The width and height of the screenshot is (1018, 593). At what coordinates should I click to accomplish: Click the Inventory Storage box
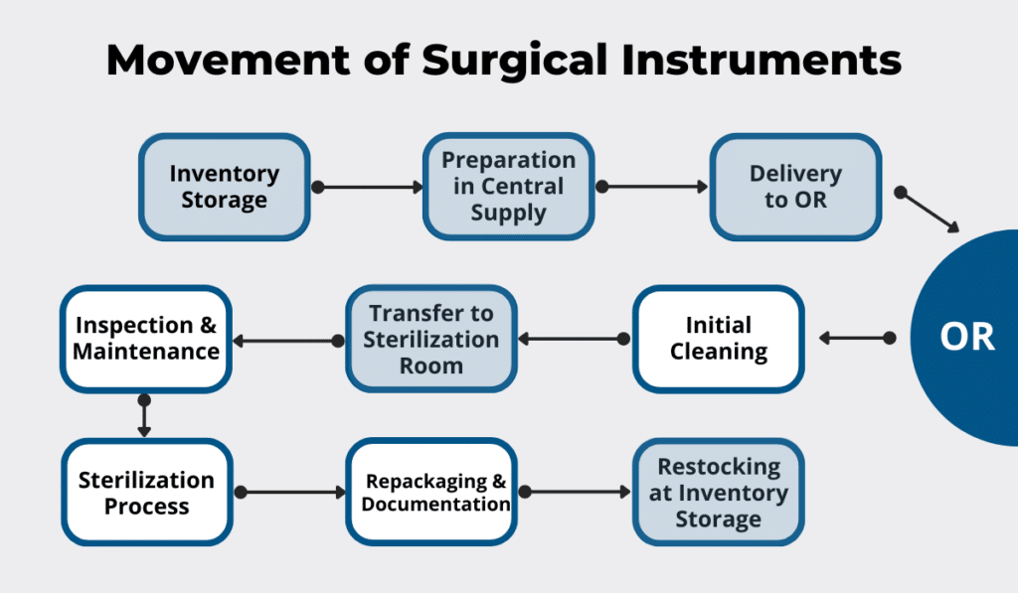point(224,187)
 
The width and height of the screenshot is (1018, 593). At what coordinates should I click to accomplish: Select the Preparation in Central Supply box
point(508,187)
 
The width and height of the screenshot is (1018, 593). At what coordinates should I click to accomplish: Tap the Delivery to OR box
point(795,187)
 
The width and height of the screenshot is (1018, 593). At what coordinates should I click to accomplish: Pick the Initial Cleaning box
point(718,338)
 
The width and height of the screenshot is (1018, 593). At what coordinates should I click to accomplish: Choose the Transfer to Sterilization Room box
point(431,339)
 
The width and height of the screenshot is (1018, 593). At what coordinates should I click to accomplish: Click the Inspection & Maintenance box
point(146,338)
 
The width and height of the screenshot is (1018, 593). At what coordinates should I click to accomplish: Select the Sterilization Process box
point(146,493)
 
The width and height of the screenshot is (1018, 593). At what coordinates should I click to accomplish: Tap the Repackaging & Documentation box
point(432,493)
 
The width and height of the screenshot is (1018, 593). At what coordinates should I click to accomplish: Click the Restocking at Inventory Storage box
point(718,493)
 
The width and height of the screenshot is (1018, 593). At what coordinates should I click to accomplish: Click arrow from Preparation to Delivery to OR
point(652,186)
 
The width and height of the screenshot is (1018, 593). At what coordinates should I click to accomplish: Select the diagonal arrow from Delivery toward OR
point(929,211)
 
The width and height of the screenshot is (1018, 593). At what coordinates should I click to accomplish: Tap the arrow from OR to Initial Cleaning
point(855,339)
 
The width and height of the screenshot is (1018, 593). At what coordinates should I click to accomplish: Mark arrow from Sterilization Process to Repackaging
point(289,492)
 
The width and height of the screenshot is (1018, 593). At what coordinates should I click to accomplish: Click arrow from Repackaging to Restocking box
point(575,492)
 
